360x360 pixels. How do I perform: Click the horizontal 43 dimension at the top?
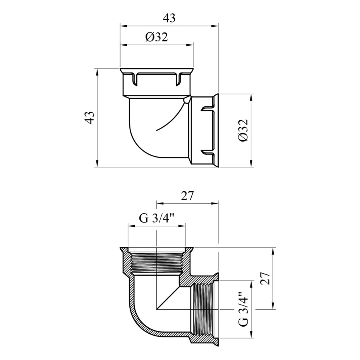(169, 18)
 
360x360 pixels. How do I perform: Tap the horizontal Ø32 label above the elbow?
(157, 37)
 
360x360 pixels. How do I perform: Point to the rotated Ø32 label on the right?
(243, 130)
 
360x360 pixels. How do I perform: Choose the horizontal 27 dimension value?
(188, 196)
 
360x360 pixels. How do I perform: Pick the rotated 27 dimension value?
(265, 278)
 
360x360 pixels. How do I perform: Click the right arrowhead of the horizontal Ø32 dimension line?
(190, 45)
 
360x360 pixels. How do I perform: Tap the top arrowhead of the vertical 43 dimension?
(97, 72)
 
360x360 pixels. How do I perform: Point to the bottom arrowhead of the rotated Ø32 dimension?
(252, 164)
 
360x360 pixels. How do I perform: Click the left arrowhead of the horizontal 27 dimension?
(160, 203)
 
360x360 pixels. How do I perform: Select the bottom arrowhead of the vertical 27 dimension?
(273, 306)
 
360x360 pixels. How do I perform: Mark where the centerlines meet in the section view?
(157, 309)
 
